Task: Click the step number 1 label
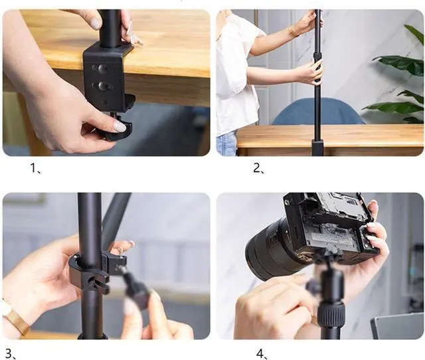(x=35, y=169)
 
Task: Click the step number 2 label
(x=259, y=168)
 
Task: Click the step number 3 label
(x=11, y=354)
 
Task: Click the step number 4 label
(x=262, y=354)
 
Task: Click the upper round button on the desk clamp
(x=102, y=69)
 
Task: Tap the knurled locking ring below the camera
(x=331, y=313)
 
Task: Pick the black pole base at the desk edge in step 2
(x=317, y=147)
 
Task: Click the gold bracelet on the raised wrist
(x=293, y=31)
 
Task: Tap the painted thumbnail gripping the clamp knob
(x=120, y=127)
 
